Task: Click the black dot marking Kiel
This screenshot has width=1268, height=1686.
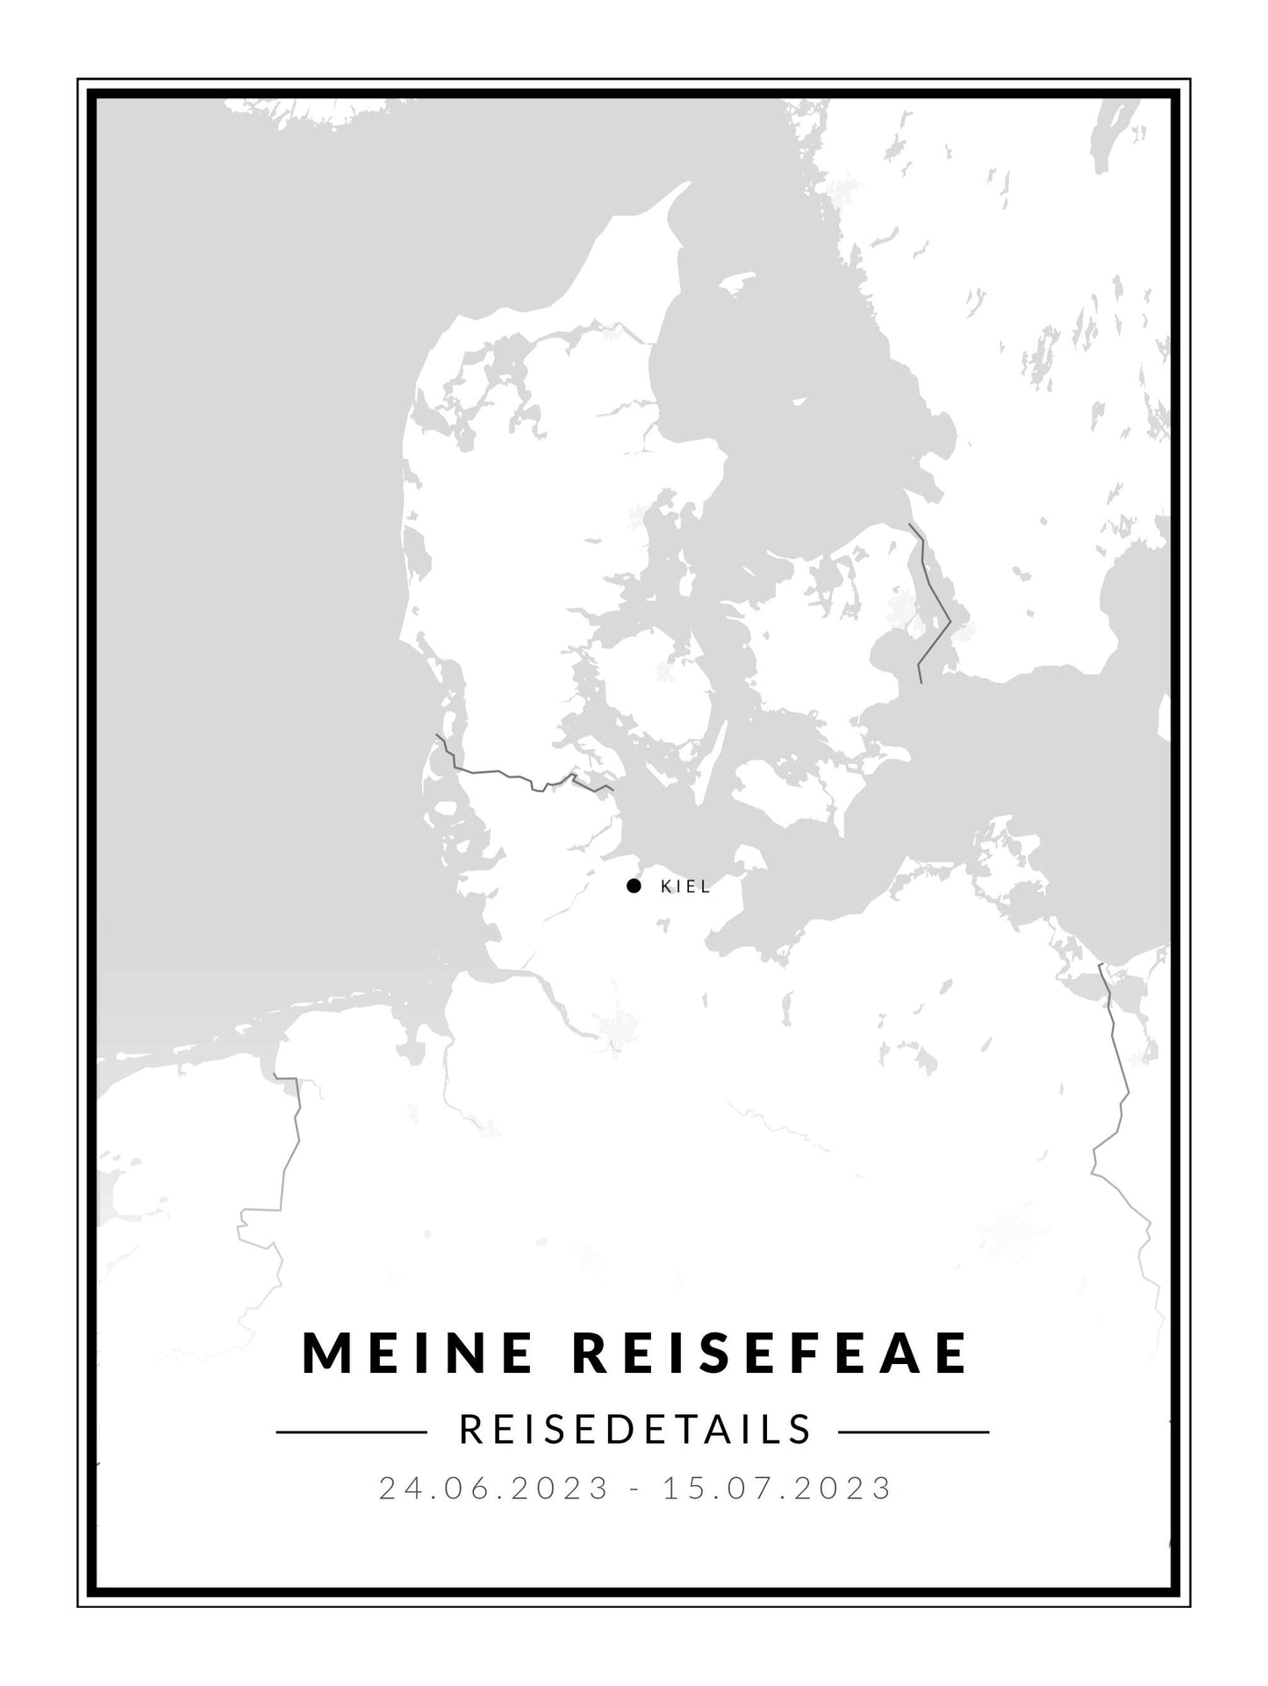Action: [634, 886]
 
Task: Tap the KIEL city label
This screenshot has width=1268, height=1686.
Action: [685, 887]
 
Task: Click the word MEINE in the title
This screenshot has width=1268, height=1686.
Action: [418, 1377]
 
